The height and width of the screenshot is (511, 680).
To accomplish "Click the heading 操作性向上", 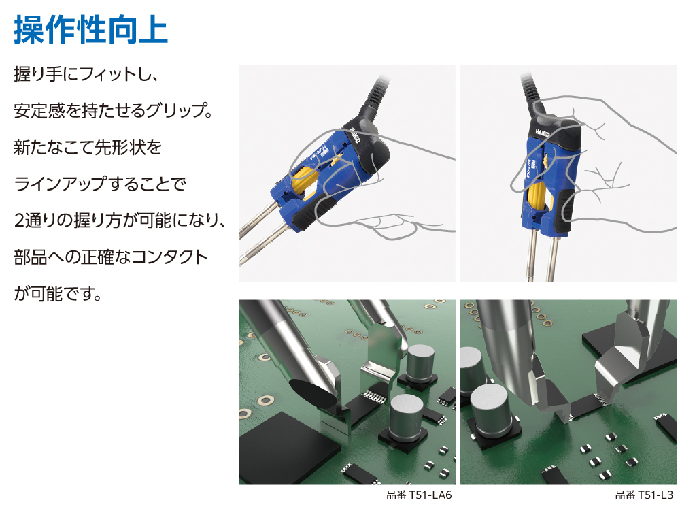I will (90, 29).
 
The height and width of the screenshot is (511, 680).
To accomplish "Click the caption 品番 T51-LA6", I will (419, 495).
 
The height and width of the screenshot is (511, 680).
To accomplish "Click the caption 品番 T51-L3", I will (644, 495).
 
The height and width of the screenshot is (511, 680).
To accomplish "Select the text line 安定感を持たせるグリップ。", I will (113, 110).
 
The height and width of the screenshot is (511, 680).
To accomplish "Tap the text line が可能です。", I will (58, 294).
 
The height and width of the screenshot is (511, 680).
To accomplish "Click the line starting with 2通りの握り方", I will (119, 220).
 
